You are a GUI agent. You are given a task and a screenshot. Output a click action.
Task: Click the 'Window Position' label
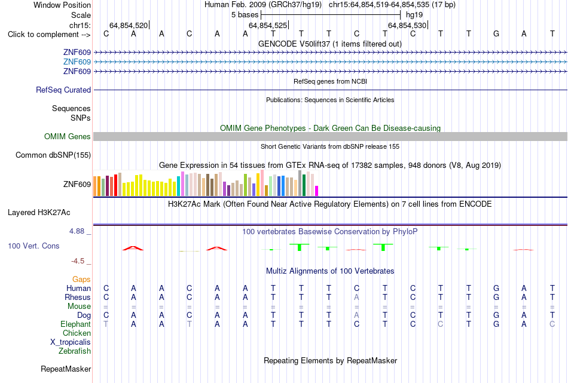click(62, 5)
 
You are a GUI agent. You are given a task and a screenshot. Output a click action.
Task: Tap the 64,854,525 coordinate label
click(268, 25)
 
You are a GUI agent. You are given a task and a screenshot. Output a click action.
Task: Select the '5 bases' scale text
click(245, 15)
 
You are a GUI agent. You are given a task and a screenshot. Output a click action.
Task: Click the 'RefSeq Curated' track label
click(63, 90)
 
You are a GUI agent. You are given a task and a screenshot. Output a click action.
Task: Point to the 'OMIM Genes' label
click(68, 136)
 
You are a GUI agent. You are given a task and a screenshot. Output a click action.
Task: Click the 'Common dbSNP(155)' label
click(53, 155)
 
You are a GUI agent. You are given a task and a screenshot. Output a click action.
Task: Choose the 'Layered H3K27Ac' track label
click(39, 213)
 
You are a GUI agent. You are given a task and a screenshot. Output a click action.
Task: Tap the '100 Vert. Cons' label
click(33, 246)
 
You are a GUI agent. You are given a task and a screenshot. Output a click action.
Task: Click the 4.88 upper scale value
click(77, 231)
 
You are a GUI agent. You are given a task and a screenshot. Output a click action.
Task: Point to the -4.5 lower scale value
click(78, 261)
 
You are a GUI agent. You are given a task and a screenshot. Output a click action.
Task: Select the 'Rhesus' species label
click(78, 297)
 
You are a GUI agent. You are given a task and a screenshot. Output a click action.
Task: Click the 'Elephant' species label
click(75, 324)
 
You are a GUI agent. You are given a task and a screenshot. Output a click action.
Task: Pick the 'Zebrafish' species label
click(75, 351)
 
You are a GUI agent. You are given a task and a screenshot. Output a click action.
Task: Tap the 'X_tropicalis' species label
click(71, 342)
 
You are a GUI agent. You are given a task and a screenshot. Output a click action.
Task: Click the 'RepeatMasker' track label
click(66, 369)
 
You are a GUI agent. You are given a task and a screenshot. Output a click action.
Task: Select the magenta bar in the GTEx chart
click(317, 191)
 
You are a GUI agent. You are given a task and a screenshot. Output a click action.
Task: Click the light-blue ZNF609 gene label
click(77, 62)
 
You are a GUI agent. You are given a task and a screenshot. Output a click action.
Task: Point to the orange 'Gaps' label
click(81, 279)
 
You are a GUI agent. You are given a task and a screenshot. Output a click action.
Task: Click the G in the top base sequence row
click(496, 33)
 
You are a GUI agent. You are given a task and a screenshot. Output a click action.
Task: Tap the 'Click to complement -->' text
click(49, 35)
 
